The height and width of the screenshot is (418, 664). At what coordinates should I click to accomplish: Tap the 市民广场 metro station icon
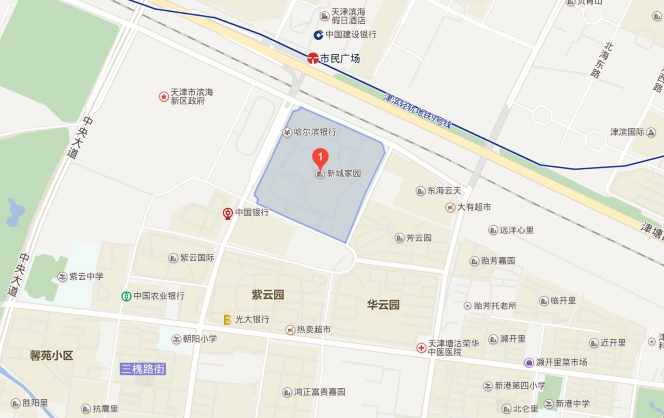pos(313,59)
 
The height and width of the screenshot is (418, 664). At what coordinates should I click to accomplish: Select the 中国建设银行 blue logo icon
pos(318,35)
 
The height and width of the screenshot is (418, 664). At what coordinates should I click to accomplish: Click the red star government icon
pos(164,96)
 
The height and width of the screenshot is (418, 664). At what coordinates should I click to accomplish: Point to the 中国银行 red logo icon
pos(228,213)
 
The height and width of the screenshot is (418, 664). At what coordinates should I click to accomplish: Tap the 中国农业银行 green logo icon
pos(127,296)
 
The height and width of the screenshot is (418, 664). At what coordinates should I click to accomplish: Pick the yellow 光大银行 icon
pos(227,320)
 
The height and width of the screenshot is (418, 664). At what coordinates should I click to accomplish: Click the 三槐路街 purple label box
pos(143,369)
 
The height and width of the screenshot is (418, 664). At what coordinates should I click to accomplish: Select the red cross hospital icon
pos(421,348)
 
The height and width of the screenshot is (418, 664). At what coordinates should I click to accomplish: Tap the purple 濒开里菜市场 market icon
pos(529,363)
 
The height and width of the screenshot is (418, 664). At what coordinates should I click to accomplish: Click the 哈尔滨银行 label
pos(315,132)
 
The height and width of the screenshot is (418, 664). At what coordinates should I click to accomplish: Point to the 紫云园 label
pos(268,295)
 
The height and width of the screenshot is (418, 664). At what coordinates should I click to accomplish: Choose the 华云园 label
pos(383,305)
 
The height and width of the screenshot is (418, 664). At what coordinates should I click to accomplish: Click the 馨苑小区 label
pos(51,356)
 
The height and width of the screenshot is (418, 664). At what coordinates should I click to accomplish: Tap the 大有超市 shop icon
pos(450,207)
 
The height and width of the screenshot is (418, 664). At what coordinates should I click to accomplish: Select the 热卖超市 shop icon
pos(290,330)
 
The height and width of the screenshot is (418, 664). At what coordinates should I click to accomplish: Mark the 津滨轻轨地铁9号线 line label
pos(418,110)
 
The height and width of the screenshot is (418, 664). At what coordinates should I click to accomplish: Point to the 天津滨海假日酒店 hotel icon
pos(324,16)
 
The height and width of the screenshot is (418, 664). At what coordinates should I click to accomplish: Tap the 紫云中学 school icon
pos(62,277)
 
